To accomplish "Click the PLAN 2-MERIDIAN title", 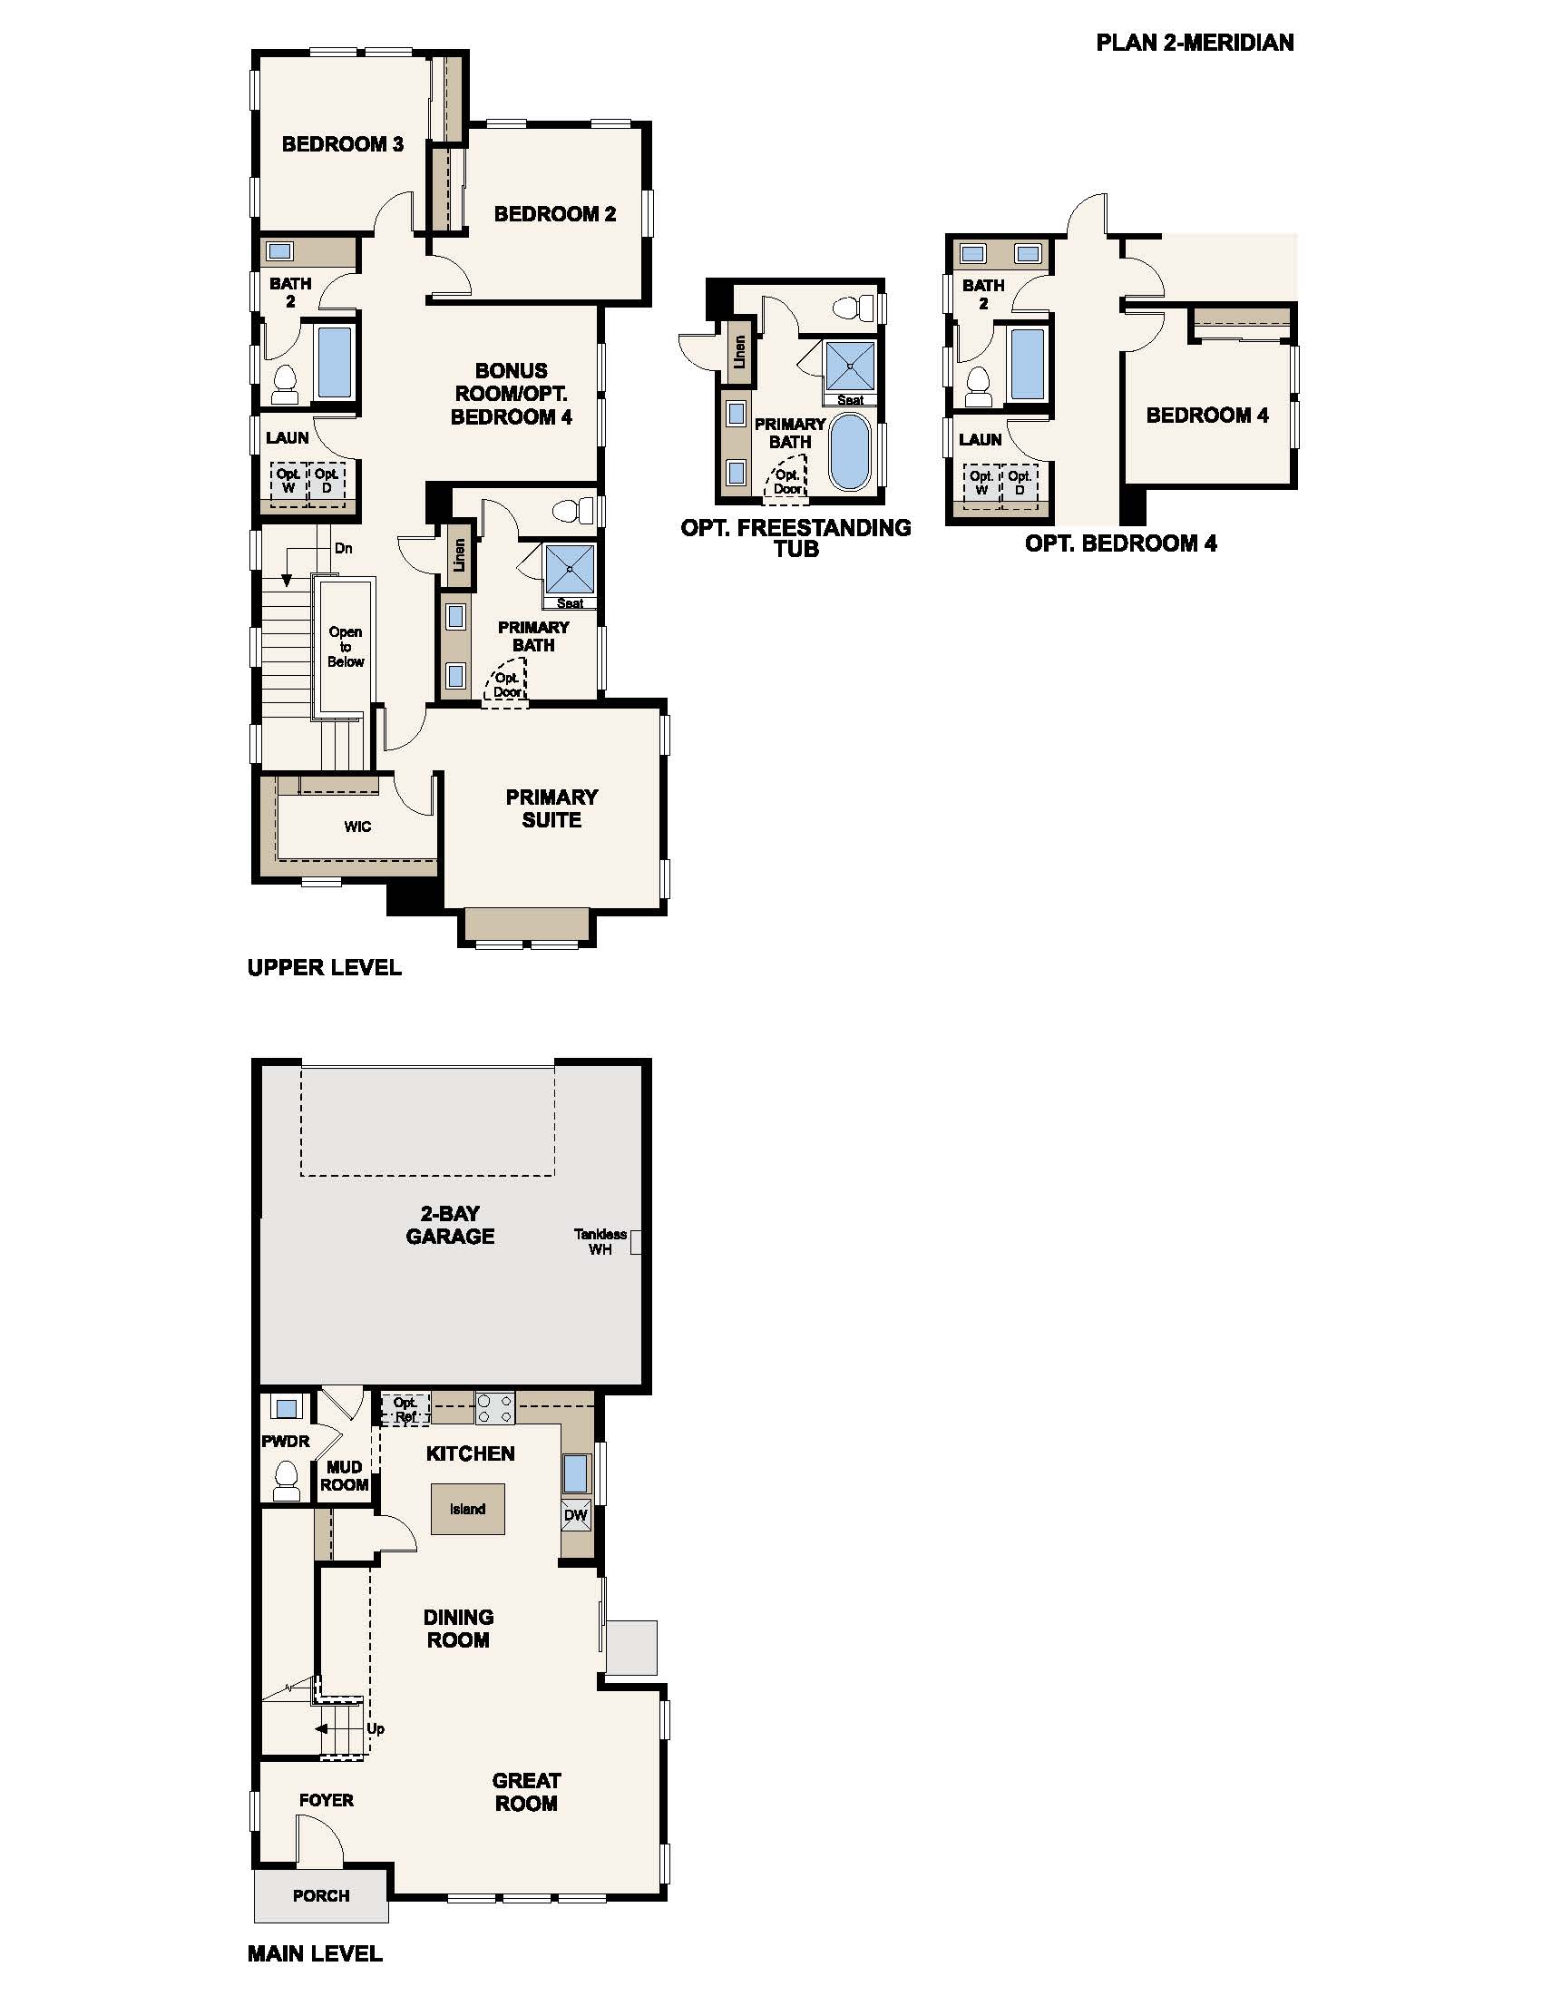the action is pyautogui.click(x=1194, y=43).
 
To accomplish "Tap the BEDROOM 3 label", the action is pyautogui.click(x=343, y=144).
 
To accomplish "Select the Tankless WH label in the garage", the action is pyautogui.click(x=600, y=1241).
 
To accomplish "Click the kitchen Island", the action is pyautogui.click(x=468, y=1509).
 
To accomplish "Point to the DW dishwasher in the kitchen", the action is pyautogui.click(x=576, y=1515).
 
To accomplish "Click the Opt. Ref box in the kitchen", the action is pyautogui.click(x=405, y=1409).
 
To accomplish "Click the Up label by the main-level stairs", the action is pyautogui.click(x=376, y=1729).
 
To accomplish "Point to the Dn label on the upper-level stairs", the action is pyautogui.click(x=344, y=548).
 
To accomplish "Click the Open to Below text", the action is pyautogui.click(x=346, y=646).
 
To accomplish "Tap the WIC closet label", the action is pyautogui.click(x=357, y=827).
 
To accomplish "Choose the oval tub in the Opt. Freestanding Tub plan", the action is pyautogui.click(x=852, y=453).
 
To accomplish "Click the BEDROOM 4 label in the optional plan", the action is pyautogui.click(x=1207, y=416).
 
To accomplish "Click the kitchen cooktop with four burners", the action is pyautogui.click(x=494, y=1408).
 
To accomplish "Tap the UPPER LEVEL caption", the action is pyautogui.click(x=325, y=967).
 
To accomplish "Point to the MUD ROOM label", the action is pyautogui.click(x=345, y=1476).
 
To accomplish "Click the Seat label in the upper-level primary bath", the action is pyautogui.click(x=570, y=603).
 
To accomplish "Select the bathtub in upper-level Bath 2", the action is pyautogui.click(x=335, y=361).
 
